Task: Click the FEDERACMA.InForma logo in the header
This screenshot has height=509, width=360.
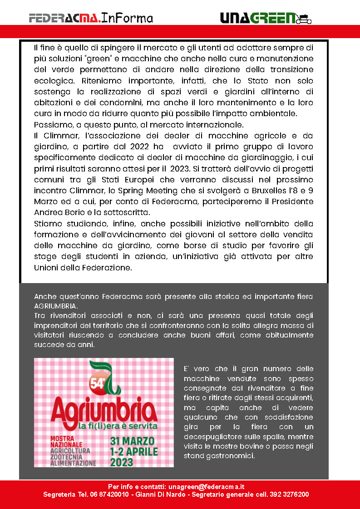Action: pos(91,18)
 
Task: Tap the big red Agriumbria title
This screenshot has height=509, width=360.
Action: pos(104,411)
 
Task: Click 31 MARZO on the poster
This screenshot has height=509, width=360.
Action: pos(133,441)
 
